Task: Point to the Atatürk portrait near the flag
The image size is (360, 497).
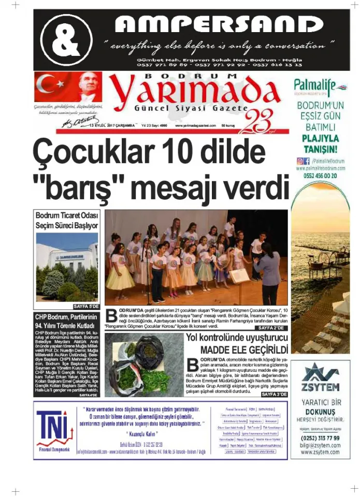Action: (x=89, y=87)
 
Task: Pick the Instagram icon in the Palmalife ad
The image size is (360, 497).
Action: (x=300, y=161)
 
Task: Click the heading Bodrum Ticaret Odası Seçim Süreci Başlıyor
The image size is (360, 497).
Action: (x=66, y=220)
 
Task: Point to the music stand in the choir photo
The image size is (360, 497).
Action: (x=239, y=275)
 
